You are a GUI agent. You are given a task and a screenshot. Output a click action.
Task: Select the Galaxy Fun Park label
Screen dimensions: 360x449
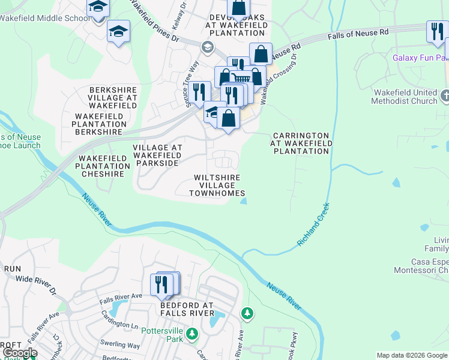coord(421,58)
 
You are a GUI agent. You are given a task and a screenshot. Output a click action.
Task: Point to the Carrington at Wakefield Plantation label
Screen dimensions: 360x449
coord(300,144)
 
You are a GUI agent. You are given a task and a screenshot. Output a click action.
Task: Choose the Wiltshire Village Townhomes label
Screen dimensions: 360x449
coord(217,185)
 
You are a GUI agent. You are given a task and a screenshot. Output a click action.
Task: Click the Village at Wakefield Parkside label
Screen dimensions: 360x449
coord(157,155)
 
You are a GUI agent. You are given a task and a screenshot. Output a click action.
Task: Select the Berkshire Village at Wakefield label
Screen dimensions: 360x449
coord(113,98)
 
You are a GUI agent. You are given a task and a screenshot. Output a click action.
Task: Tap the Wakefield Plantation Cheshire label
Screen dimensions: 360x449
coord(102,166)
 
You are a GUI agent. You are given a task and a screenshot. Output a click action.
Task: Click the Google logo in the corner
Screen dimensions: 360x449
coord(19,353)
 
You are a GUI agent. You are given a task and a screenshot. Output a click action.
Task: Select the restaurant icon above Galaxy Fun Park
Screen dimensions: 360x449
coord(436,31)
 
